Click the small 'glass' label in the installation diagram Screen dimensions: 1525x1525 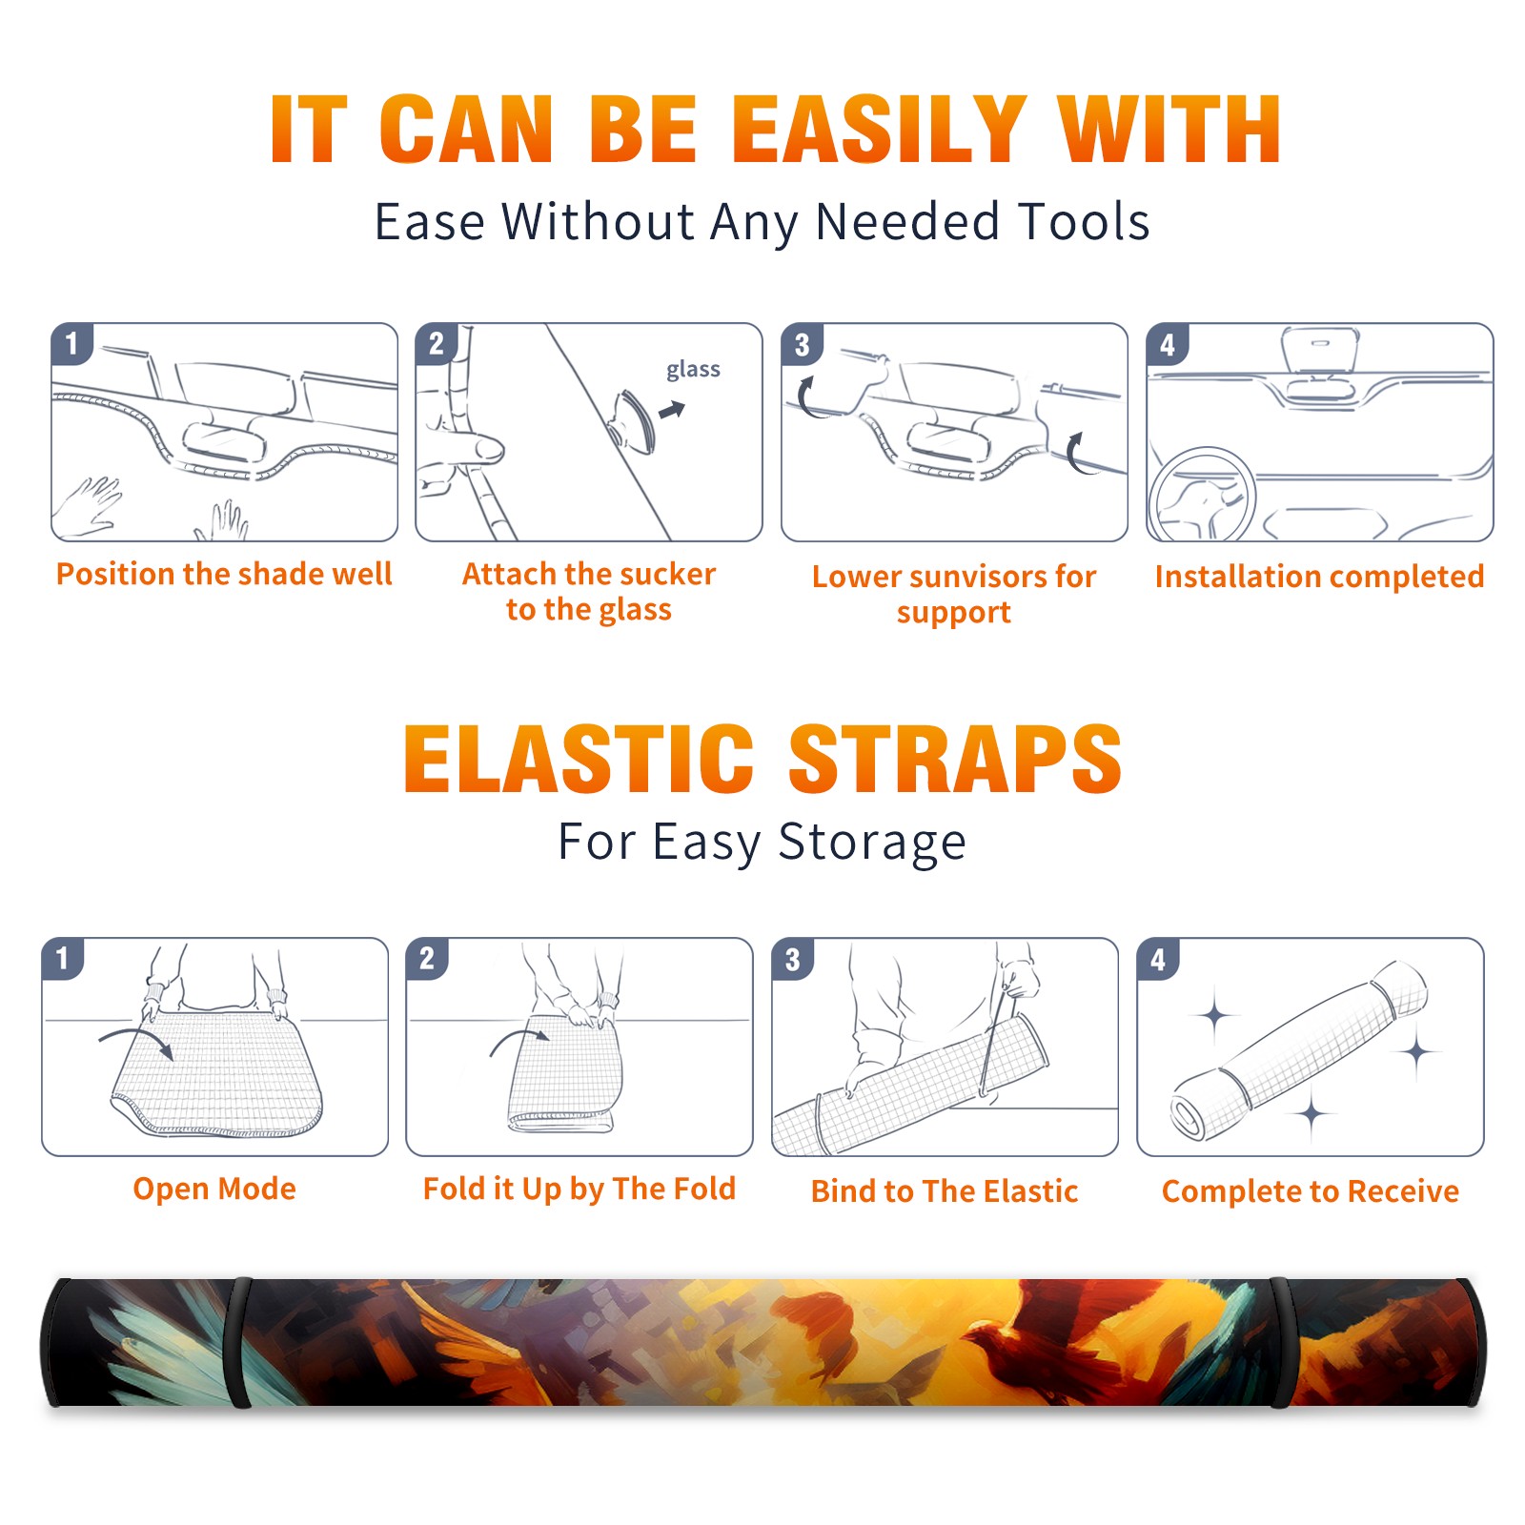click(693, 370)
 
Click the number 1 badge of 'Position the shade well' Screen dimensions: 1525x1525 click(71, 343)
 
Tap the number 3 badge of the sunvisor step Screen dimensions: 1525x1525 click(802, 343)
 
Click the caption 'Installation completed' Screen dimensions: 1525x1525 click(1319, 576)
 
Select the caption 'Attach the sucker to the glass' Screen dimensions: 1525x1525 click(589, 591)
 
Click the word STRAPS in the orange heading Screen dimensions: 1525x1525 click(956, 759)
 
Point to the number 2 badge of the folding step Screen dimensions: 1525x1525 click(427, 958)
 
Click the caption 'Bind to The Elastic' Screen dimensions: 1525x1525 click(944, 1190)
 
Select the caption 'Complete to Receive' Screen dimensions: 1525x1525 click(1311, 1191)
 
